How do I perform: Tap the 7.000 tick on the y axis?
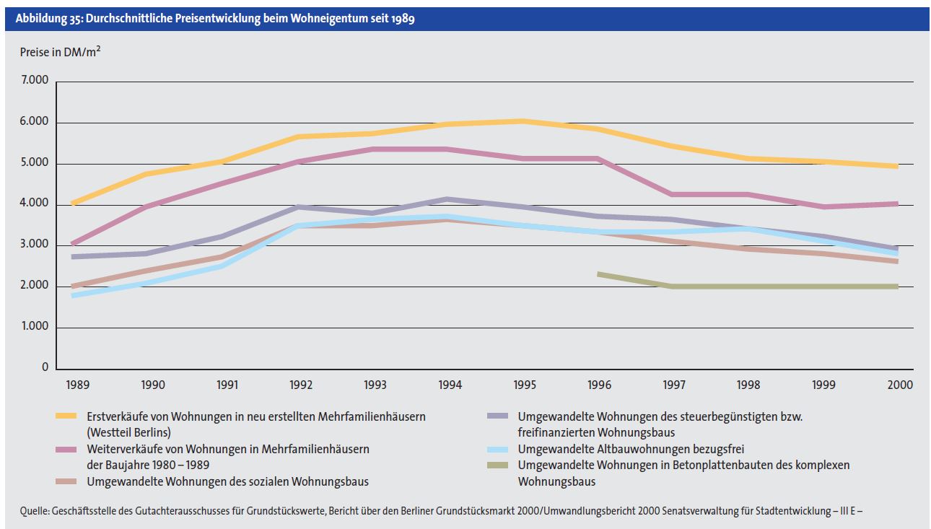[34, 82]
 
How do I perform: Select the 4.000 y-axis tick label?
[34, 204]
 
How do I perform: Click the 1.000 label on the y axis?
[34, 327]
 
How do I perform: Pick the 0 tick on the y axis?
[45, 367]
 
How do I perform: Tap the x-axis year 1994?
[450, 385]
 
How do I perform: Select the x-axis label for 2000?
[900, 385]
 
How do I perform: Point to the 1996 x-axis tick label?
[600, 385]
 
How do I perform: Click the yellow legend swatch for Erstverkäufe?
[66, 416]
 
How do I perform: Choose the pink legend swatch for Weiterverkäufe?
[66, 449]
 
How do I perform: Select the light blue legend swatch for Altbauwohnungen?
[497, 449]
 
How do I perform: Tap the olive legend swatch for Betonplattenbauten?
[497, 465]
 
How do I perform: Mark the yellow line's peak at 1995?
[525, 121]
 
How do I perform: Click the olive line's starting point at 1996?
[599, 274]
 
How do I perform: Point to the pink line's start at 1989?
[72, 243]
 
